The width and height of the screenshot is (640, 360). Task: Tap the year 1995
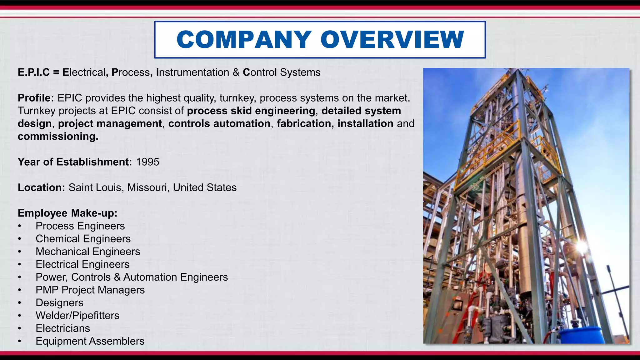(147, 162)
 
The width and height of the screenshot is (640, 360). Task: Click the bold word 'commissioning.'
(58, 137)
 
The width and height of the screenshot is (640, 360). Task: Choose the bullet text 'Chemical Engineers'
(83, 239)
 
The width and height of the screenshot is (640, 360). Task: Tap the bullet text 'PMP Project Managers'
(90, 290)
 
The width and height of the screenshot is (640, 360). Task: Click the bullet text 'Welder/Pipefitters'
(77, 316)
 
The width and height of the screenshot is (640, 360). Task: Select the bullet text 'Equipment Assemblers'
(90, 341)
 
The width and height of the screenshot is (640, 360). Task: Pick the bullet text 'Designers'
(59, 303)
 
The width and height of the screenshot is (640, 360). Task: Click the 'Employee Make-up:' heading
(67, 213)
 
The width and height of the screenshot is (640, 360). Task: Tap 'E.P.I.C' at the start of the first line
(33, 72)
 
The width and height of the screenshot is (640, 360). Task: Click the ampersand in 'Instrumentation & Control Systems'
(236, 72)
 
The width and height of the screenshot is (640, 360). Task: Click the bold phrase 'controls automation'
(219, 124)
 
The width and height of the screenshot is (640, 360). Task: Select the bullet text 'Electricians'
(63, 328)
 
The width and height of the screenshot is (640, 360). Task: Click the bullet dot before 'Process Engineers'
(20, 226)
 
